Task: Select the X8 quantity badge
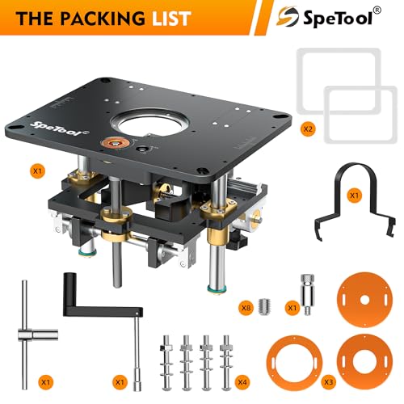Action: pos(246,308)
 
